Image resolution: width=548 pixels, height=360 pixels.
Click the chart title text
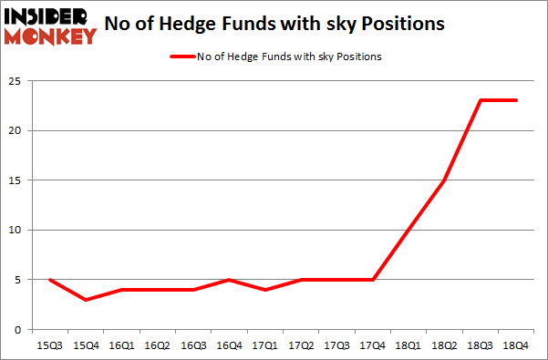pos(274,25)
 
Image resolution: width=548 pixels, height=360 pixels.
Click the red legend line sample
pos(182,57)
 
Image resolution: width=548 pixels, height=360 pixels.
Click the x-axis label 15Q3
pos(50,345)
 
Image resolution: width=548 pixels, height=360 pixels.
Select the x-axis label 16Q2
pos(157,345)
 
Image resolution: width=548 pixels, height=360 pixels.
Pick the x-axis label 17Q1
pos(264,345)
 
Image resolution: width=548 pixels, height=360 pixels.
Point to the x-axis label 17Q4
pos(370,345)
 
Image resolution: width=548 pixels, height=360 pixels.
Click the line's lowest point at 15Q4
pos(86,299)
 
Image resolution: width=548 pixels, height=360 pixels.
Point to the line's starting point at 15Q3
pos(50,280)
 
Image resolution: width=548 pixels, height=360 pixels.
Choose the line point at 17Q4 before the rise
pos(370,280)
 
